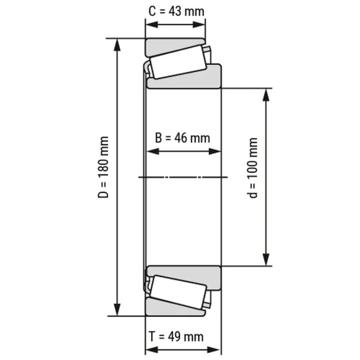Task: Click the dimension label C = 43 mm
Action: pyautogui.click(x=175, y=10)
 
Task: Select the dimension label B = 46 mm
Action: pyautogui.click(x=182, y=137)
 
